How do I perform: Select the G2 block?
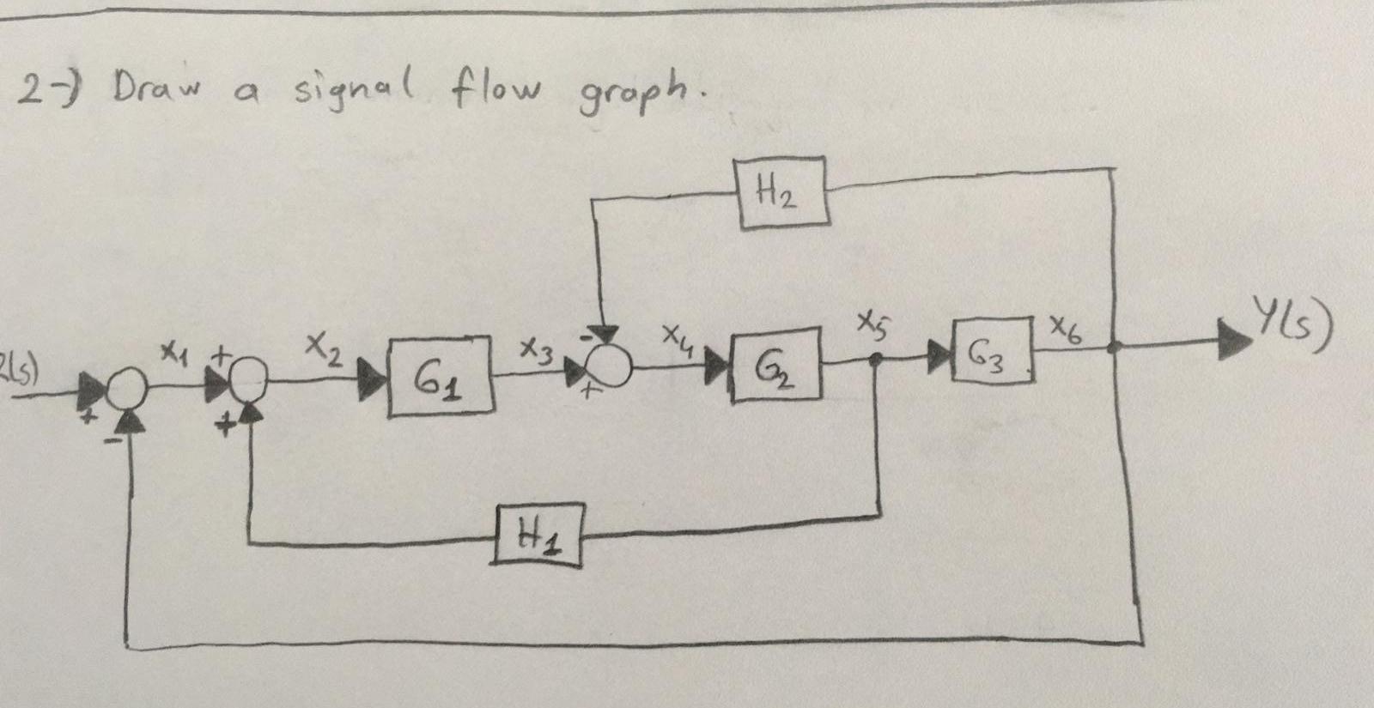tap(775, 365)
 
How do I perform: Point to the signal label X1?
tap(175, 351)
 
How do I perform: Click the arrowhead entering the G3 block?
tap(938, 354)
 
